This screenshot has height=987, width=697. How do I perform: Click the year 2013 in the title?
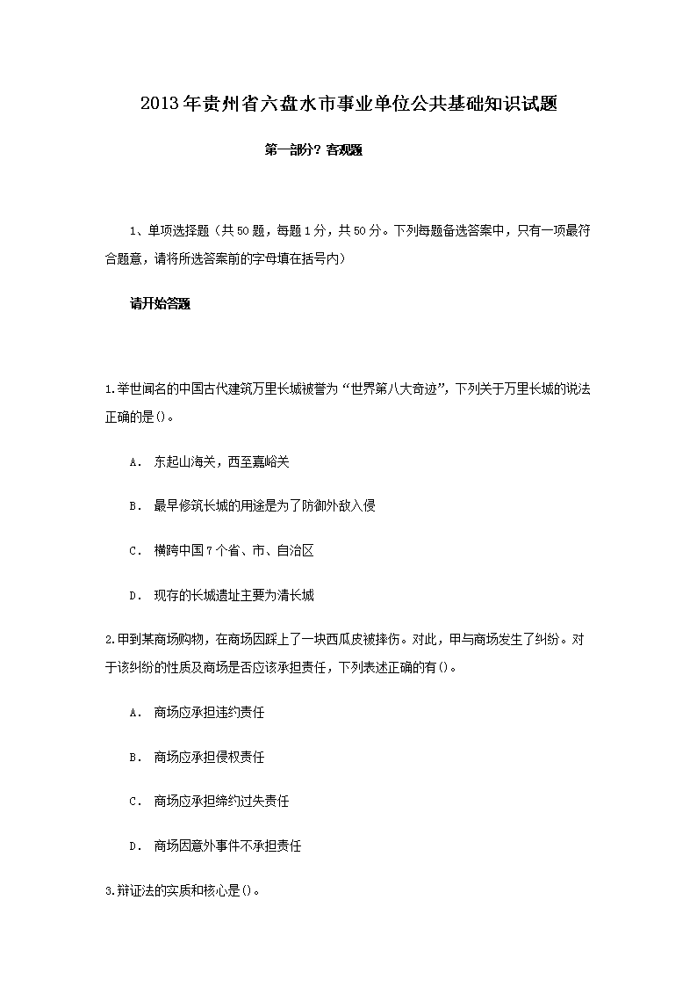pyautogui.click(x=160, y=104)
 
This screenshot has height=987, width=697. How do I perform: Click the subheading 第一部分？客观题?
pyautogui.click(x=313, y=150)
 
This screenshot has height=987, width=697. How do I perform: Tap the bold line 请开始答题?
pyautogui.click(x=161, y=304)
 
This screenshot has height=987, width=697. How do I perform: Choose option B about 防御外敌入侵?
pyautogui.click(x=264, y=506)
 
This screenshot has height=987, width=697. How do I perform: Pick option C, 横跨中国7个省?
pyautogui.click(x=234, y=551)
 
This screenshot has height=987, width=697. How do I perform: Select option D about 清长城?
pyautogui.click(x=234, y=596)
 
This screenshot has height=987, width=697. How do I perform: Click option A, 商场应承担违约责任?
pyautogui.click(x=209, y=712)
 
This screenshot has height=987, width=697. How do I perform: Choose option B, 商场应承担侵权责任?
pyautogui.click(x=209, y=757)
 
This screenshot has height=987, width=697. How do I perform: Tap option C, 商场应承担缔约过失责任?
pyautogui.click(x=221, y=802)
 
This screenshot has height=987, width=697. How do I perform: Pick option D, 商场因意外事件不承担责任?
pyautogui.click(x=227, y=846)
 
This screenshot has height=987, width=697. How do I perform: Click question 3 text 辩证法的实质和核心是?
pyautogui.click(x=183, y=891)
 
